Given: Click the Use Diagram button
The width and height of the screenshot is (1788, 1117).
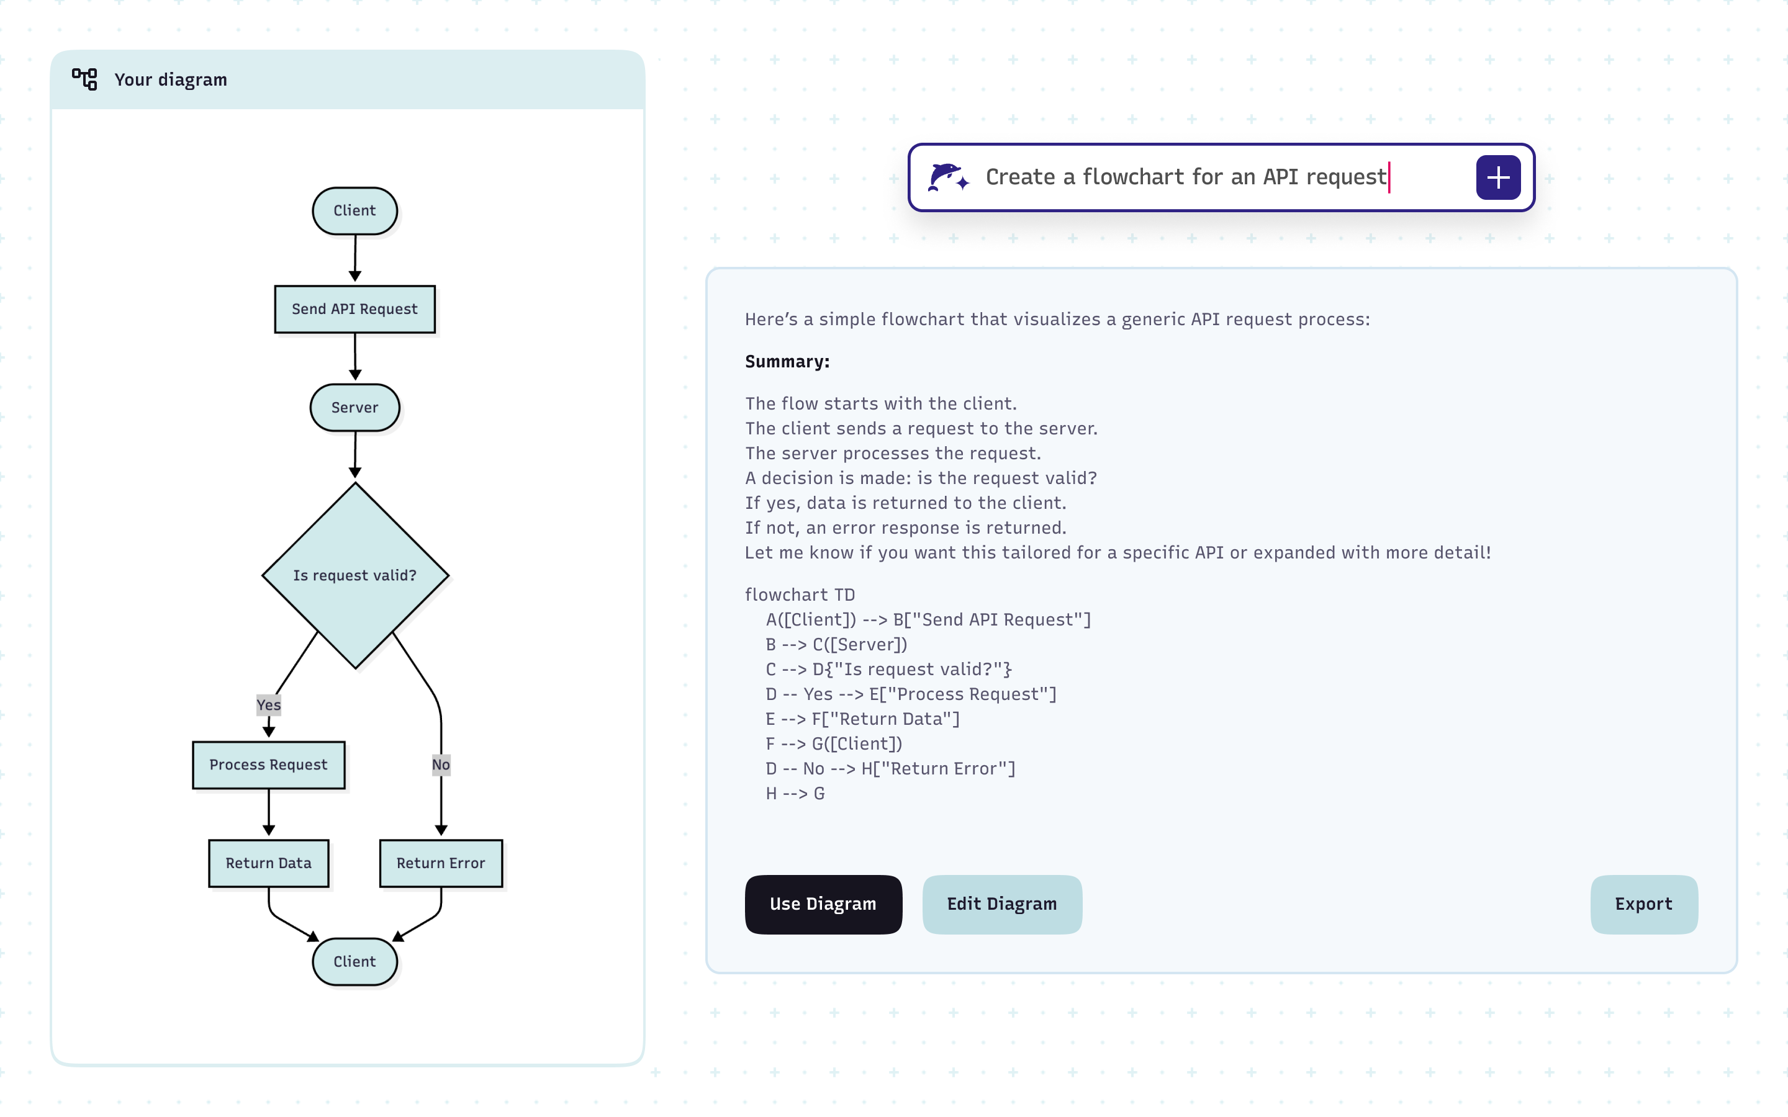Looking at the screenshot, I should point(823,904).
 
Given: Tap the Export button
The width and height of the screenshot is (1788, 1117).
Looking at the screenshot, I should point(1643,904).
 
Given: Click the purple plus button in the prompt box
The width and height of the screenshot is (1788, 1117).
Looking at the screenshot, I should point(1497,177).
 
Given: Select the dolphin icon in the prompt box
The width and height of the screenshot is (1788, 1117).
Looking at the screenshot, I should point(947,177).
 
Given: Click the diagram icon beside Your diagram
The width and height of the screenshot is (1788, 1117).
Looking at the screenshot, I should point(84,79).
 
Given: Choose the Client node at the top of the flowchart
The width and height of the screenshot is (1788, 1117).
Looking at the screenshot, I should point(354,210).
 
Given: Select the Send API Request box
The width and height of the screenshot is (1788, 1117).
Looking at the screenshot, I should point(354,309).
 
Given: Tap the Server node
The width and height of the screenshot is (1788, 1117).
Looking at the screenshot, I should point(354,407).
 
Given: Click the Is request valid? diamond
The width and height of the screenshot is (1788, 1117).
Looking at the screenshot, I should point(354,575).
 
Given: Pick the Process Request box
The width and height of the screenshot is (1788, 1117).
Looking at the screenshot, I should point(268,765).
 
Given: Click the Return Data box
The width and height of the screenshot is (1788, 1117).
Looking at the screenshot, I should point(268,863).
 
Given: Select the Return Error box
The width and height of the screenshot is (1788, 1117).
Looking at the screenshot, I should point(441,863).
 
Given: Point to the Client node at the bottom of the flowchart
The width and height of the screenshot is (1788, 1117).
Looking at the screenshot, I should point(354,961).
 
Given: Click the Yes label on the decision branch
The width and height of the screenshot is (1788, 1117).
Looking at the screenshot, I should point(268,705).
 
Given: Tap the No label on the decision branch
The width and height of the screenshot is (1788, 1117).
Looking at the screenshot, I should point(441,765).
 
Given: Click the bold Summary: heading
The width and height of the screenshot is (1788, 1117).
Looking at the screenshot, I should point(787,361).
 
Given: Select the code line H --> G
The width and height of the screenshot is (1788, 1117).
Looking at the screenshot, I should point(795,794).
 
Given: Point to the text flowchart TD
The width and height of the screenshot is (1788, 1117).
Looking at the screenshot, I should point(800,594).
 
